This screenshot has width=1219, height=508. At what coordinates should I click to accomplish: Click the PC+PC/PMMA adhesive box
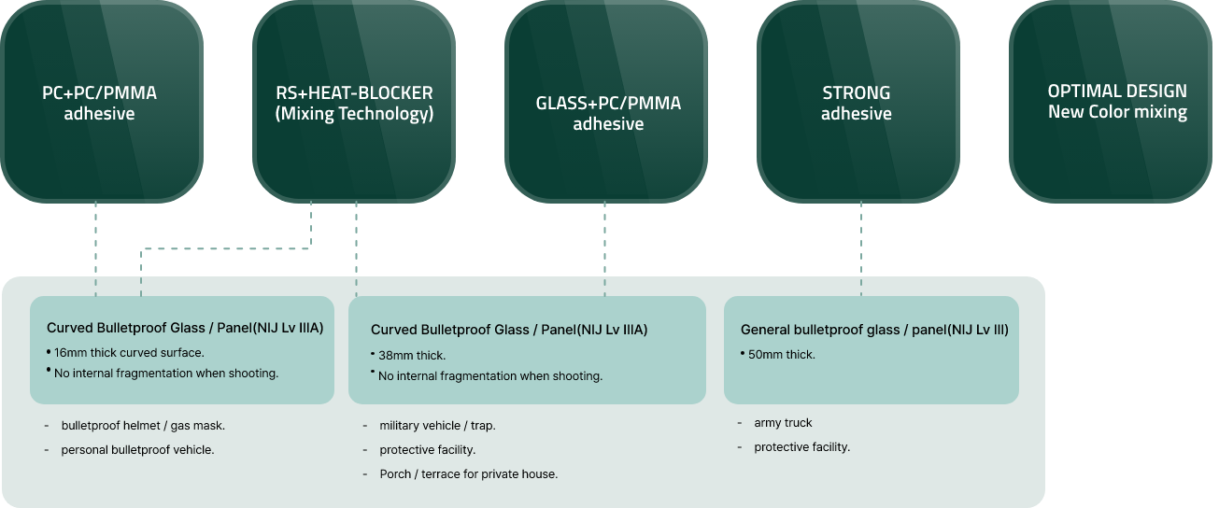point(101,102)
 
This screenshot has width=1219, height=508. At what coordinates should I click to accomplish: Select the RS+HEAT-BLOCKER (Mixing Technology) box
point(354,102)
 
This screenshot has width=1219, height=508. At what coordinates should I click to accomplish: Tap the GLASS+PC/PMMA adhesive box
point(607,102)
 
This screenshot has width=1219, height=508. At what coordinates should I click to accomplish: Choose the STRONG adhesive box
point(858,102)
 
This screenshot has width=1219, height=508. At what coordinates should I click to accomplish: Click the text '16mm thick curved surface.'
point(129,353)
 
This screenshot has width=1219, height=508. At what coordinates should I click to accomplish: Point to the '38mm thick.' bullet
point(412,356)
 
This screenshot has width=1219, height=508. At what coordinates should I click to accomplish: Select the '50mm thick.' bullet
point(782,355)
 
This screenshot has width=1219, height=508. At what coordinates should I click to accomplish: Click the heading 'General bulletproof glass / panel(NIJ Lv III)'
point(874,330)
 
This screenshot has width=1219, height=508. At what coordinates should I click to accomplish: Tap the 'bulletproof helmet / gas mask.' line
point(143,426)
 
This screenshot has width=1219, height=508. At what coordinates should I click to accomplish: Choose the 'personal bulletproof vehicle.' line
point(137,450)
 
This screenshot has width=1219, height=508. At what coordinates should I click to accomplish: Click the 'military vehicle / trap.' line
point(437,426)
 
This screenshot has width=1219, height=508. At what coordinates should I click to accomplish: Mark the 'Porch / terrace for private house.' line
point(468,474)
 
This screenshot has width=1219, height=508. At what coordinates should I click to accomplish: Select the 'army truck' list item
point(783,423)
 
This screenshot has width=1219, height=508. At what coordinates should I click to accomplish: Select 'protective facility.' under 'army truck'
point(801,447)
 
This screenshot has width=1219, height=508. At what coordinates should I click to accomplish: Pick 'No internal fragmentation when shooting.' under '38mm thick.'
point(490,376)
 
